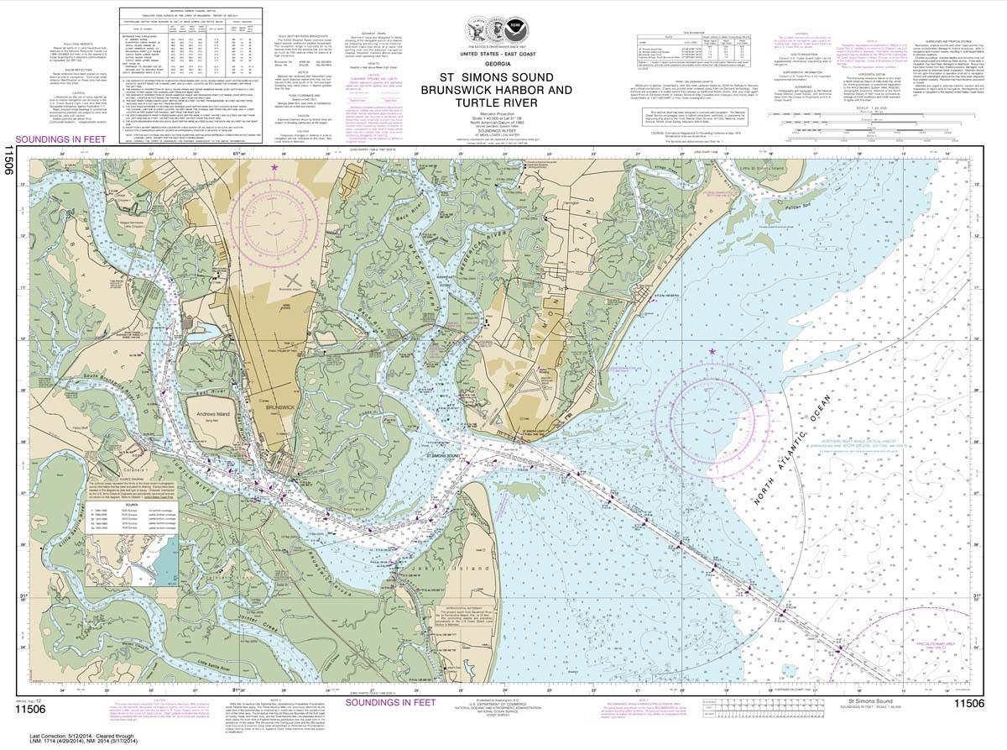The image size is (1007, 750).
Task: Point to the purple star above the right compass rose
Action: (x=712, y=351)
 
